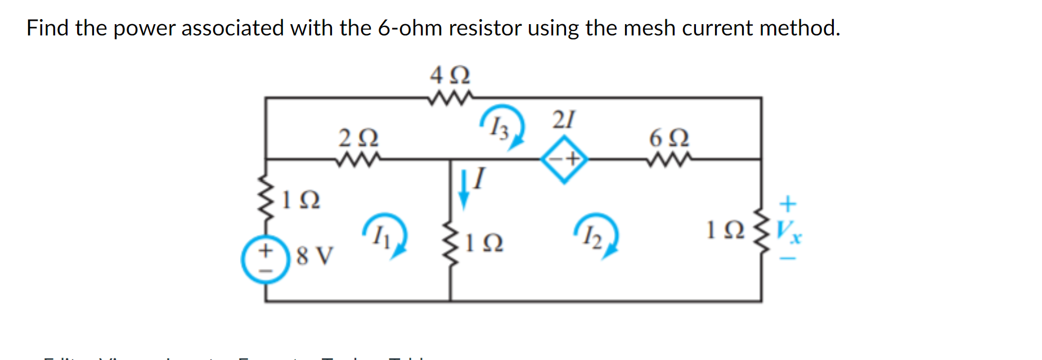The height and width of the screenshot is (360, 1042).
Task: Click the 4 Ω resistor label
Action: point(450,75)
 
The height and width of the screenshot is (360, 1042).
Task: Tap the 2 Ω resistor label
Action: point(358,137)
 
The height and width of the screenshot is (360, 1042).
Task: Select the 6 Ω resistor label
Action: point(669,137)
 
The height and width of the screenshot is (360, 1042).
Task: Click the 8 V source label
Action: point(315,256)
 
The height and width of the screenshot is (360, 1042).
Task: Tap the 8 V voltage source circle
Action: point(265,259)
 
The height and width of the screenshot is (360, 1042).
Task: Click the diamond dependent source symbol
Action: point(564,159)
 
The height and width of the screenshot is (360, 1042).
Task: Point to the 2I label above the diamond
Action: point(563,120)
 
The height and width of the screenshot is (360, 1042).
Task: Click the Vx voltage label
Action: point(789,230)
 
